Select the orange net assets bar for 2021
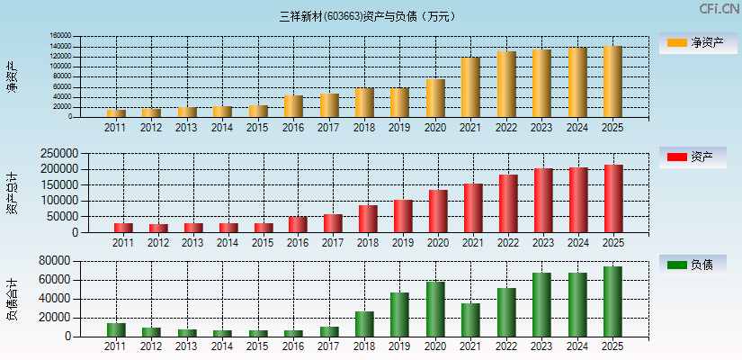click(x=470, y=87)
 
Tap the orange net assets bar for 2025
click(x=612, y=82)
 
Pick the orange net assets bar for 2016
click(x=293, y=106)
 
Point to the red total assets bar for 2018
click(x=368, y=219)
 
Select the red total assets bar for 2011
click(x=123, y=228)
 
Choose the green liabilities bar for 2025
click(x=612, y=301)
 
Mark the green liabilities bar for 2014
click(x=222, y=333)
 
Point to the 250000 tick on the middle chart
click(x=56, y=153)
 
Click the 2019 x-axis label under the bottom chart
click(x=399, y=346)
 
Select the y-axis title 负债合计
click(x=13, y=299)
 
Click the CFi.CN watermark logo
click(x=719, y=9)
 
